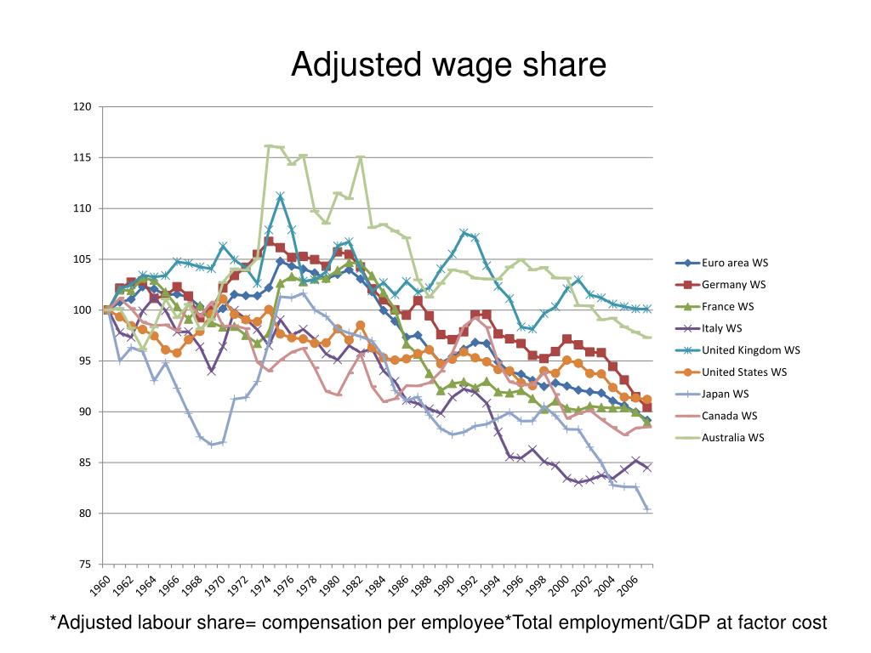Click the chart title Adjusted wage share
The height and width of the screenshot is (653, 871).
(448, 65)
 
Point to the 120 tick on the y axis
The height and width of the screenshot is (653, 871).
(83, 107)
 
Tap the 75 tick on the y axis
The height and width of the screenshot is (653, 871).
(85, 565)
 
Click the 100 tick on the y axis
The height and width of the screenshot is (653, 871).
(83, 310)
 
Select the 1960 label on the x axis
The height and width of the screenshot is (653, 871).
(100, 587)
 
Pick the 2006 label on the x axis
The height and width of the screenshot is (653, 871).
(626, 587)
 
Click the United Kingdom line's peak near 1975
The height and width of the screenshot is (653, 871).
(280, 196)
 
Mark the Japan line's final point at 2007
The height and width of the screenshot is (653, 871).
(647, 508)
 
